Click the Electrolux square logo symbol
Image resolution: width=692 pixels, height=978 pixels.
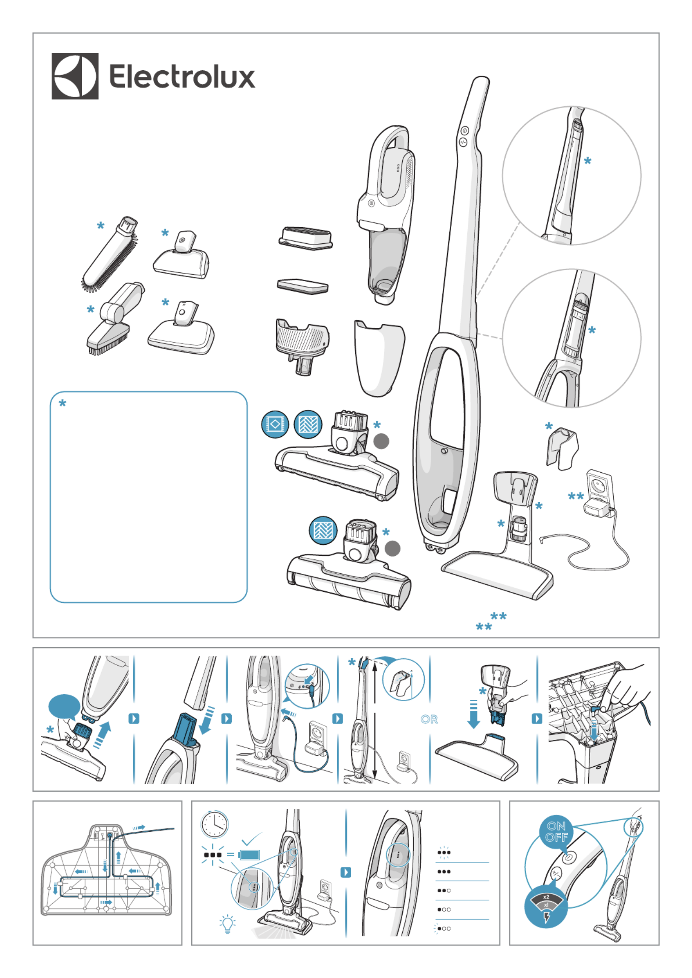[x=75, y=76]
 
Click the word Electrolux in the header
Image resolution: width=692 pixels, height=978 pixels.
[x=182, y=76]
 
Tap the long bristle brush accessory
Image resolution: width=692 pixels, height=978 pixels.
[x=110, y=254]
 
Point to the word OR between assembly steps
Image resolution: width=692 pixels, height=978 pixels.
[x=429, y=719]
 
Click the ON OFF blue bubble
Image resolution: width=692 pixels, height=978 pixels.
[x=556, y=832]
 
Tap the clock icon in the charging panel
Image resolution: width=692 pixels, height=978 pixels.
[x=215, y=824]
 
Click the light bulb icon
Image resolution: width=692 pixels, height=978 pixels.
[x=227, y=924]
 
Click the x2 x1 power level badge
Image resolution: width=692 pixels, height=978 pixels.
[x=546, y=906]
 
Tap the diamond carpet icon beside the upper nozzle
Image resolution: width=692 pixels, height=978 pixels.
[x=275, y=424]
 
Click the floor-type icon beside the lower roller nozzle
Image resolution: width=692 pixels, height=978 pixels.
[x=323, y=530]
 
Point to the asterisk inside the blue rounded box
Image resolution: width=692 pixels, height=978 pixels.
[x=62, y=403]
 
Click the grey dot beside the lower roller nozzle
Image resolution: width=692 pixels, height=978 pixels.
[x=393, y=548]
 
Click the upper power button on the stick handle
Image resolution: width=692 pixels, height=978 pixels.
[x=465, y=130]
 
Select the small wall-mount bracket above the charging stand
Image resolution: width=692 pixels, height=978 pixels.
[x=562, y=449]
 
